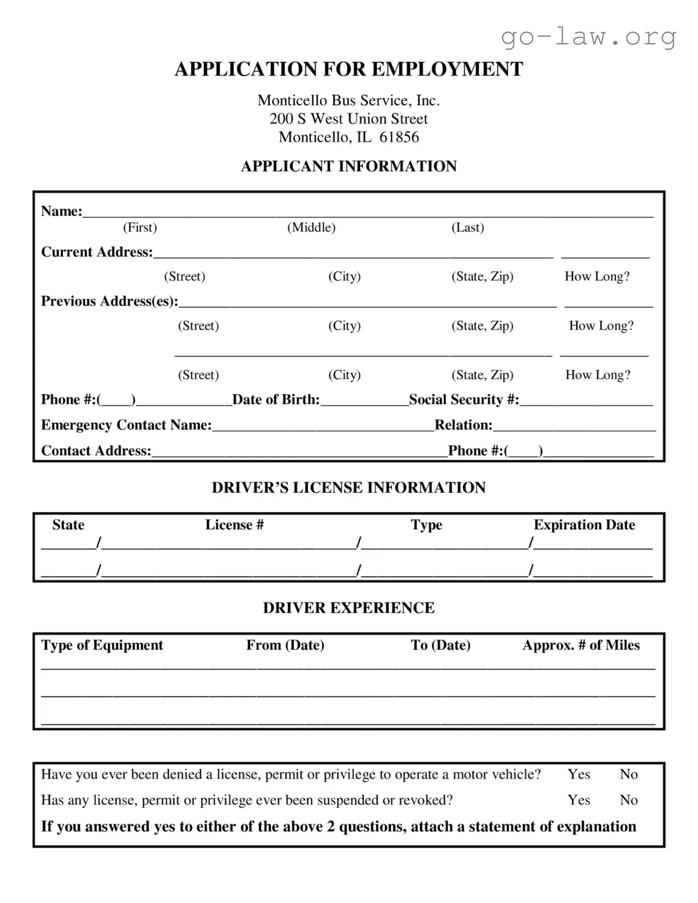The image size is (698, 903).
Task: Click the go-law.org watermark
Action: coord(588,37)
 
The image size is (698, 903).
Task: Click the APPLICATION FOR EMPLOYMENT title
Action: coord(349,69)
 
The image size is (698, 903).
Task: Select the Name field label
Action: coord(61,211)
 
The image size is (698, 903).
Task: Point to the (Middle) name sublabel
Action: coord(311,227)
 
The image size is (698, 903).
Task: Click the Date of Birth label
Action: coord(276,400)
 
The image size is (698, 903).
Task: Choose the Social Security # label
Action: coord(464,400)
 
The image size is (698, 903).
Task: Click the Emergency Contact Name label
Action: coord(126,425)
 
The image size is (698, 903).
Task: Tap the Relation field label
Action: coord(463,425)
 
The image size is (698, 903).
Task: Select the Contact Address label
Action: coord(96,450)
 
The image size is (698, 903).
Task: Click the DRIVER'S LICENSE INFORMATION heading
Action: coord(349,487)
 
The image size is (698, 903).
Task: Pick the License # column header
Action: coord(234,525)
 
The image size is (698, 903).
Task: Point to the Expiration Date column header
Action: coord(584,525)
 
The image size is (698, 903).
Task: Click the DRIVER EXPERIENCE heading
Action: coord(349,608)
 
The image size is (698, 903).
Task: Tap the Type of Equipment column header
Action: coord(102,645)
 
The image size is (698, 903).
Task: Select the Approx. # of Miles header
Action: coord(581,645)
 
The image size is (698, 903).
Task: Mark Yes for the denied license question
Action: coord(578,774)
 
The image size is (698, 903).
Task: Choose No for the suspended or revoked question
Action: coord(628,800)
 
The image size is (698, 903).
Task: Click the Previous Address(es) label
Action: coord(109,301)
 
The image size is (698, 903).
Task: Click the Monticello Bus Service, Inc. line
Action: coord(349,100)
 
